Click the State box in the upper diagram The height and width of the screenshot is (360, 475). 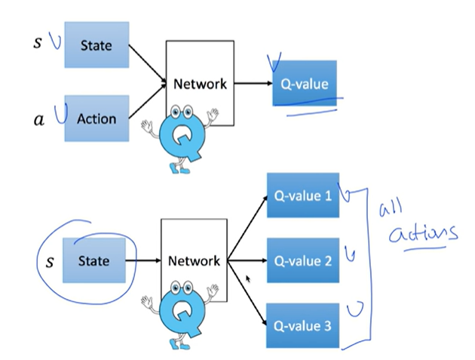pyautogui.click(x=97, y=45)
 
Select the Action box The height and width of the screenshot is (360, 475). pyautogui.click(x=97, y=118)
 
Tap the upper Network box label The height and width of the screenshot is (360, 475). pyautogui.click(x=200, y=84)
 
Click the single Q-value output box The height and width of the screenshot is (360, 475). pyautogui.click(x=305, y=83)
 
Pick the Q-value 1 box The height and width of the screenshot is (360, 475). pyautogui.click(x=303, y=195)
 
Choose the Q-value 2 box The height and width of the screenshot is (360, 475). pyautogui.click(x=303, y=260)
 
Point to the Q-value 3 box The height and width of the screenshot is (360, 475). pyautogui.click(x=302, y=325)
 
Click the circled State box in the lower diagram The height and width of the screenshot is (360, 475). pyautogui.click(x=94, y=260)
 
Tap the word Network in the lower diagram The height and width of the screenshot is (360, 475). pyautogui.click(x=194, y=261)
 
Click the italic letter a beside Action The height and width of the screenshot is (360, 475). pyautogui.click(x=39, y=120)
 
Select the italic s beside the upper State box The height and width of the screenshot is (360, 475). pyautogui.click(x=37, y=42)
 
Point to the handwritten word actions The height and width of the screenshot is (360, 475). pyautogui.click(x=423, y=233)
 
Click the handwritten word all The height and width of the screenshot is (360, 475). pyautogui.click(x=391, y=208)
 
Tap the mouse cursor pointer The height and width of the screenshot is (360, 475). pyautogui.click(x=248, y=278)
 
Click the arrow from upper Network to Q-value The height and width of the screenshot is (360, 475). pyautogui.click(x=253, y=83)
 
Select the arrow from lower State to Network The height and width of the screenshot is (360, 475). pyautogui.click(x=143, y=260)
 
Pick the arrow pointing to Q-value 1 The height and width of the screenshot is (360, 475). pyautogui.click(x=247, y=228)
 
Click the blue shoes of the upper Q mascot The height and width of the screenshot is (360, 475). pyautogui.click(x=179, y=168)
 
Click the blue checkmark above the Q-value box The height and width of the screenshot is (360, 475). pyautogui.click(x=274, y=62)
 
